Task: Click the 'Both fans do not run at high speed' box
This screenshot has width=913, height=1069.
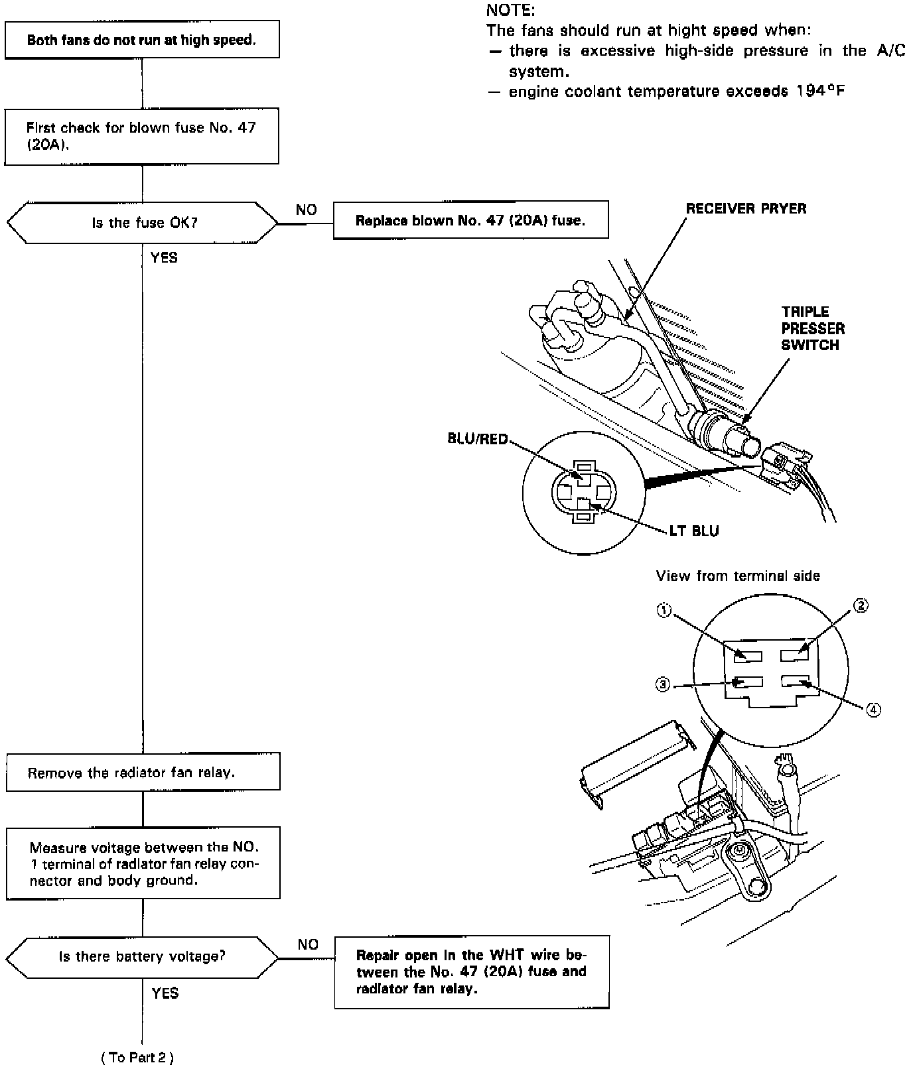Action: pyautogui.click(x=142, y=40)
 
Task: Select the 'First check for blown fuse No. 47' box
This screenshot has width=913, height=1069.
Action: pyautogui.click(x=142, y=136)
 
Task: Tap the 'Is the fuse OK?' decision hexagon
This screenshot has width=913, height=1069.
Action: pyautogui.click(x=142, y=223)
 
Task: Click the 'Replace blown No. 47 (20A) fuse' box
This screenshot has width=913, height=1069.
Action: pyautogui.click(x=470, y=220)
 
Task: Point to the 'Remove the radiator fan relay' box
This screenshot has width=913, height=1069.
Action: pyautogui.click(x=143, y=772)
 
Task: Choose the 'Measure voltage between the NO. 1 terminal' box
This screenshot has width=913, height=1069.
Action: pyautogui.click(x=143, y=863)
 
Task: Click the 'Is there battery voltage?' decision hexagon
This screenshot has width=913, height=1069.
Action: pyautogui.click(x=142, y=956)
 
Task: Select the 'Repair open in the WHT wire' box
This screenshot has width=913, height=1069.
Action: pyautogui.click(x=471, y=972)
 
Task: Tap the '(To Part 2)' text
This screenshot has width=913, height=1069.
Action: pyautogui.click(x=137, y=1058)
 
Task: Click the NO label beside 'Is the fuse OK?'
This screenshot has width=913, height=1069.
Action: pyautogui.click(x=306, y=210)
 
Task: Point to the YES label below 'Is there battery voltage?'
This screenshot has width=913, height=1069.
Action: pyautogui.click(x=165, y=993)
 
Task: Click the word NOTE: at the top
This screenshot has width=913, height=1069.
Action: pyautogui.click(x=510, y=10)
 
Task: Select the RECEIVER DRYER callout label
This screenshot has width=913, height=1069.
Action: pyautogui.click(x=746, y=209)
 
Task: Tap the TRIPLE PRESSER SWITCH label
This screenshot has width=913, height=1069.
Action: pyautogui.click(x=812, y=328)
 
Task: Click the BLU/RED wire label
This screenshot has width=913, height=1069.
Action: pyautogui.click(x=478, y=439)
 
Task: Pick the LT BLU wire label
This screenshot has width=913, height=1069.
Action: pyautogui.click(x=694, y=531)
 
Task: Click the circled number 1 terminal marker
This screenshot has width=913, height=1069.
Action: pyautogui.click(x=664, y=611)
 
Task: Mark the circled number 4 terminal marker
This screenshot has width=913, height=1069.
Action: pyautogui.click(x=874, y=710)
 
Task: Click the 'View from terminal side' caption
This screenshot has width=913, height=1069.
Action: pyautogui.click(x=738, y=576)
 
